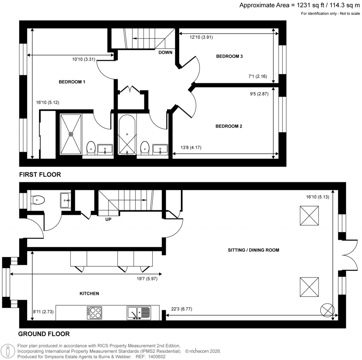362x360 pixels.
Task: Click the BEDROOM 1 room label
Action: (x=72, y=82)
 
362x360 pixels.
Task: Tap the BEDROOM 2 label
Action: (x=229, y=126)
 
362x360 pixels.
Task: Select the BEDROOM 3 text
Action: (x=229, y=56)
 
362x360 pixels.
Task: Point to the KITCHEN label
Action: (x=89, y=294)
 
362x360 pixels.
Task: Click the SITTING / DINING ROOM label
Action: (x=253, y=250)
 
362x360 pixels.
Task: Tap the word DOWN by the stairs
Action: (x=165, y=52)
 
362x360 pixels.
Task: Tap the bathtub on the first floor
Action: (x=127, y=134)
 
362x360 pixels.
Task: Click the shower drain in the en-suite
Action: (x=71, y=134)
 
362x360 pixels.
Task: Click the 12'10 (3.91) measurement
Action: (x=201, y=37)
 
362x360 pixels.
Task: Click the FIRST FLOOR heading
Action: (x=40, y=174)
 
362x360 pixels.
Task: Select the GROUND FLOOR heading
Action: (x=44, y=334)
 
